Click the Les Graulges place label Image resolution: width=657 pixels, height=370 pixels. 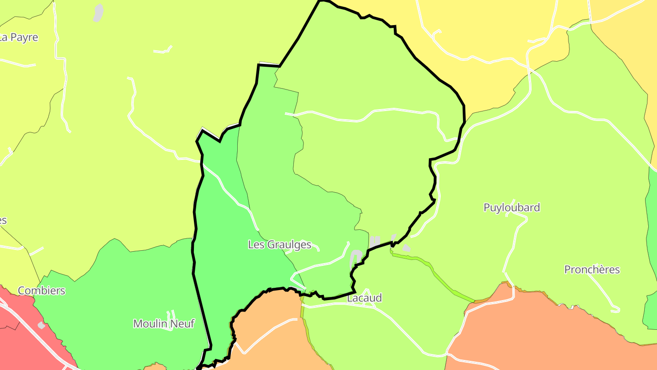coord(279,244)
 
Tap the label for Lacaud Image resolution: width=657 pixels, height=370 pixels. coord(364,298)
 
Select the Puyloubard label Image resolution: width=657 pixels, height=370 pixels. coord(511,207)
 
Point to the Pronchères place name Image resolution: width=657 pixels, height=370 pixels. coord(592,270)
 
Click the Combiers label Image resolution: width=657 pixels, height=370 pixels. coord(42,291)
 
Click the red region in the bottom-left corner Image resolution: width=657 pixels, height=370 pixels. coord(18,338)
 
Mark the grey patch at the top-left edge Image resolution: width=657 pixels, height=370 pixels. coord(98,13)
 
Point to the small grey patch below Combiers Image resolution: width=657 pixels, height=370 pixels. coord(42,325)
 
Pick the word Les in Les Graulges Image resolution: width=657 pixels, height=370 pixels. coord(256,244)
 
